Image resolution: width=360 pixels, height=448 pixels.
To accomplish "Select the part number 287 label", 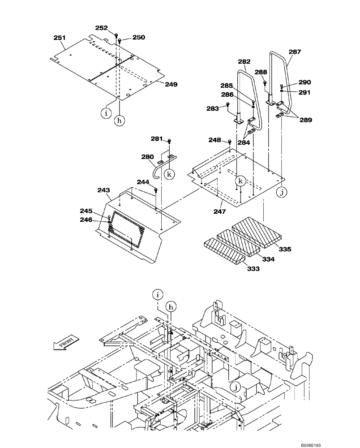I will pos(295,52).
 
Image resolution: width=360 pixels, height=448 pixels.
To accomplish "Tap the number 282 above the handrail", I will pos(244,61).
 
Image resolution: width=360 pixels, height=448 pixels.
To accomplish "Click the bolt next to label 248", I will pos(229,142).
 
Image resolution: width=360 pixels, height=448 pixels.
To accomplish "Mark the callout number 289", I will pos(307,120).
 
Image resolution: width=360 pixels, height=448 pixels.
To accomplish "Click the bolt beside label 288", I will pos(265,82).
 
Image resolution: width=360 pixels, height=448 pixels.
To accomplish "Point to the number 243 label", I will pos(104,190).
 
